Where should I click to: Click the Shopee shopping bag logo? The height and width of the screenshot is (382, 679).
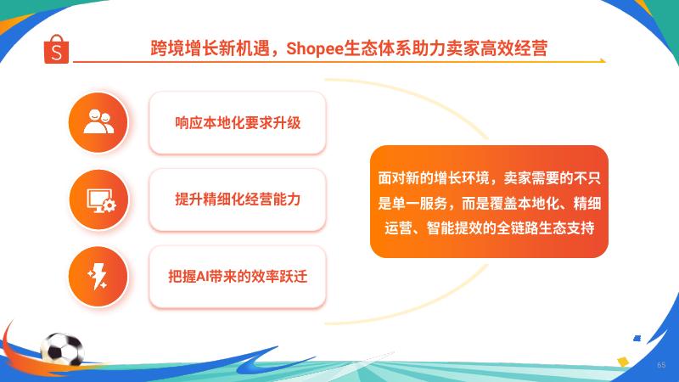(x=56, y=49)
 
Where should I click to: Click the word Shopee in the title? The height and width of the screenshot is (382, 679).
(x=314, y=48)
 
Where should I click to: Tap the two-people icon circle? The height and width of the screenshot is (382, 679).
(x=98, y=122)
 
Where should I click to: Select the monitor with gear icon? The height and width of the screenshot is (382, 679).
(x=99, y=199)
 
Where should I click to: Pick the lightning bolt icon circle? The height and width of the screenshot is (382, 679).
(x=98, y=277)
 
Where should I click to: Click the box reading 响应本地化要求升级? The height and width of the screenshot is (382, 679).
(x=238, y=123)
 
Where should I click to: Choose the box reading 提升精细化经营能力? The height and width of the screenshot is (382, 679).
(x=238, y=199)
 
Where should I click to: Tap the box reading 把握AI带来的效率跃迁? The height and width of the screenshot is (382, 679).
(x=238, y=277)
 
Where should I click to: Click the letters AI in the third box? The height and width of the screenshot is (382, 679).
(x=202, y=277)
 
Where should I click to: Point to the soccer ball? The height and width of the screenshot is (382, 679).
(x=62, y=349)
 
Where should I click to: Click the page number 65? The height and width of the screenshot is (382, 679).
(x=661, y=365)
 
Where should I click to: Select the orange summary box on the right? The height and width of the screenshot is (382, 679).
(x=489, y=202)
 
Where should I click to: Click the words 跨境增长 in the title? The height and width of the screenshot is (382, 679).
(x=184, y=48)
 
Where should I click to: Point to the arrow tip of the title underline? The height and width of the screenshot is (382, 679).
(x=605, y=61)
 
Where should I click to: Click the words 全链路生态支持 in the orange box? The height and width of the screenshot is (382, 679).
(x=545, y=228)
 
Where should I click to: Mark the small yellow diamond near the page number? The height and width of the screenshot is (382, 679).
(x=623, y=362)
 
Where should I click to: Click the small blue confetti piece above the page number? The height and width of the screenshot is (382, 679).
(x=637, y=338)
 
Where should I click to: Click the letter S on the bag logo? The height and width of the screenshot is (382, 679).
(x=56, y=53)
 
